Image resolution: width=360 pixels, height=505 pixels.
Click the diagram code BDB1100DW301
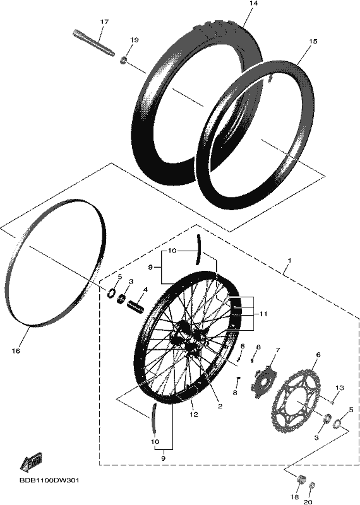[x=49, y=480]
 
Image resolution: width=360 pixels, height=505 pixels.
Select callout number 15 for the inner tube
[x=313, y=41]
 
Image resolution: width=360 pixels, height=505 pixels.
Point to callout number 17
[x=104, y=22]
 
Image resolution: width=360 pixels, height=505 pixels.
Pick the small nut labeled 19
[x=124, y=60]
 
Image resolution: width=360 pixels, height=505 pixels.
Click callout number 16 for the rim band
[x=16, y=351]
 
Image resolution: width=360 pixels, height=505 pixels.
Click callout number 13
[x=340, y=388]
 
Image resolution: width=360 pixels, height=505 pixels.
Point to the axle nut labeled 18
[x=301, y=479]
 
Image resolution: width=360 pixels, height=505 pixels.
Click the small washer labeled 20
[x=311, y=485]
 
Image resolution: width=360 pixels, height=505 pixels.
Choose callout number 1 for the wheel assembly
[x=289, y=259]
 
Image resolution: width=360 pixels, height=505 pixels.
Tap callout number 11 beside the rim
[x=263, y=314]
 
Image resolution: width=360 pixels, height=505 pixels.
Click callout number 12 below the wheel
[x=194, y=415]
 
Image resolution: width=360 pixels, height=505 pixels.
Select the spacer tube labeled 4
[x=136, y=306]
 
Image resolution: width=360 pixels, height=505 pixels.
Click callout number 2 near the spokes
[x=220, y=407]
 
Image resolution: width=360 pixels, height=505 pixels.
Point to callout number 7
[x=277, y=350]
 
